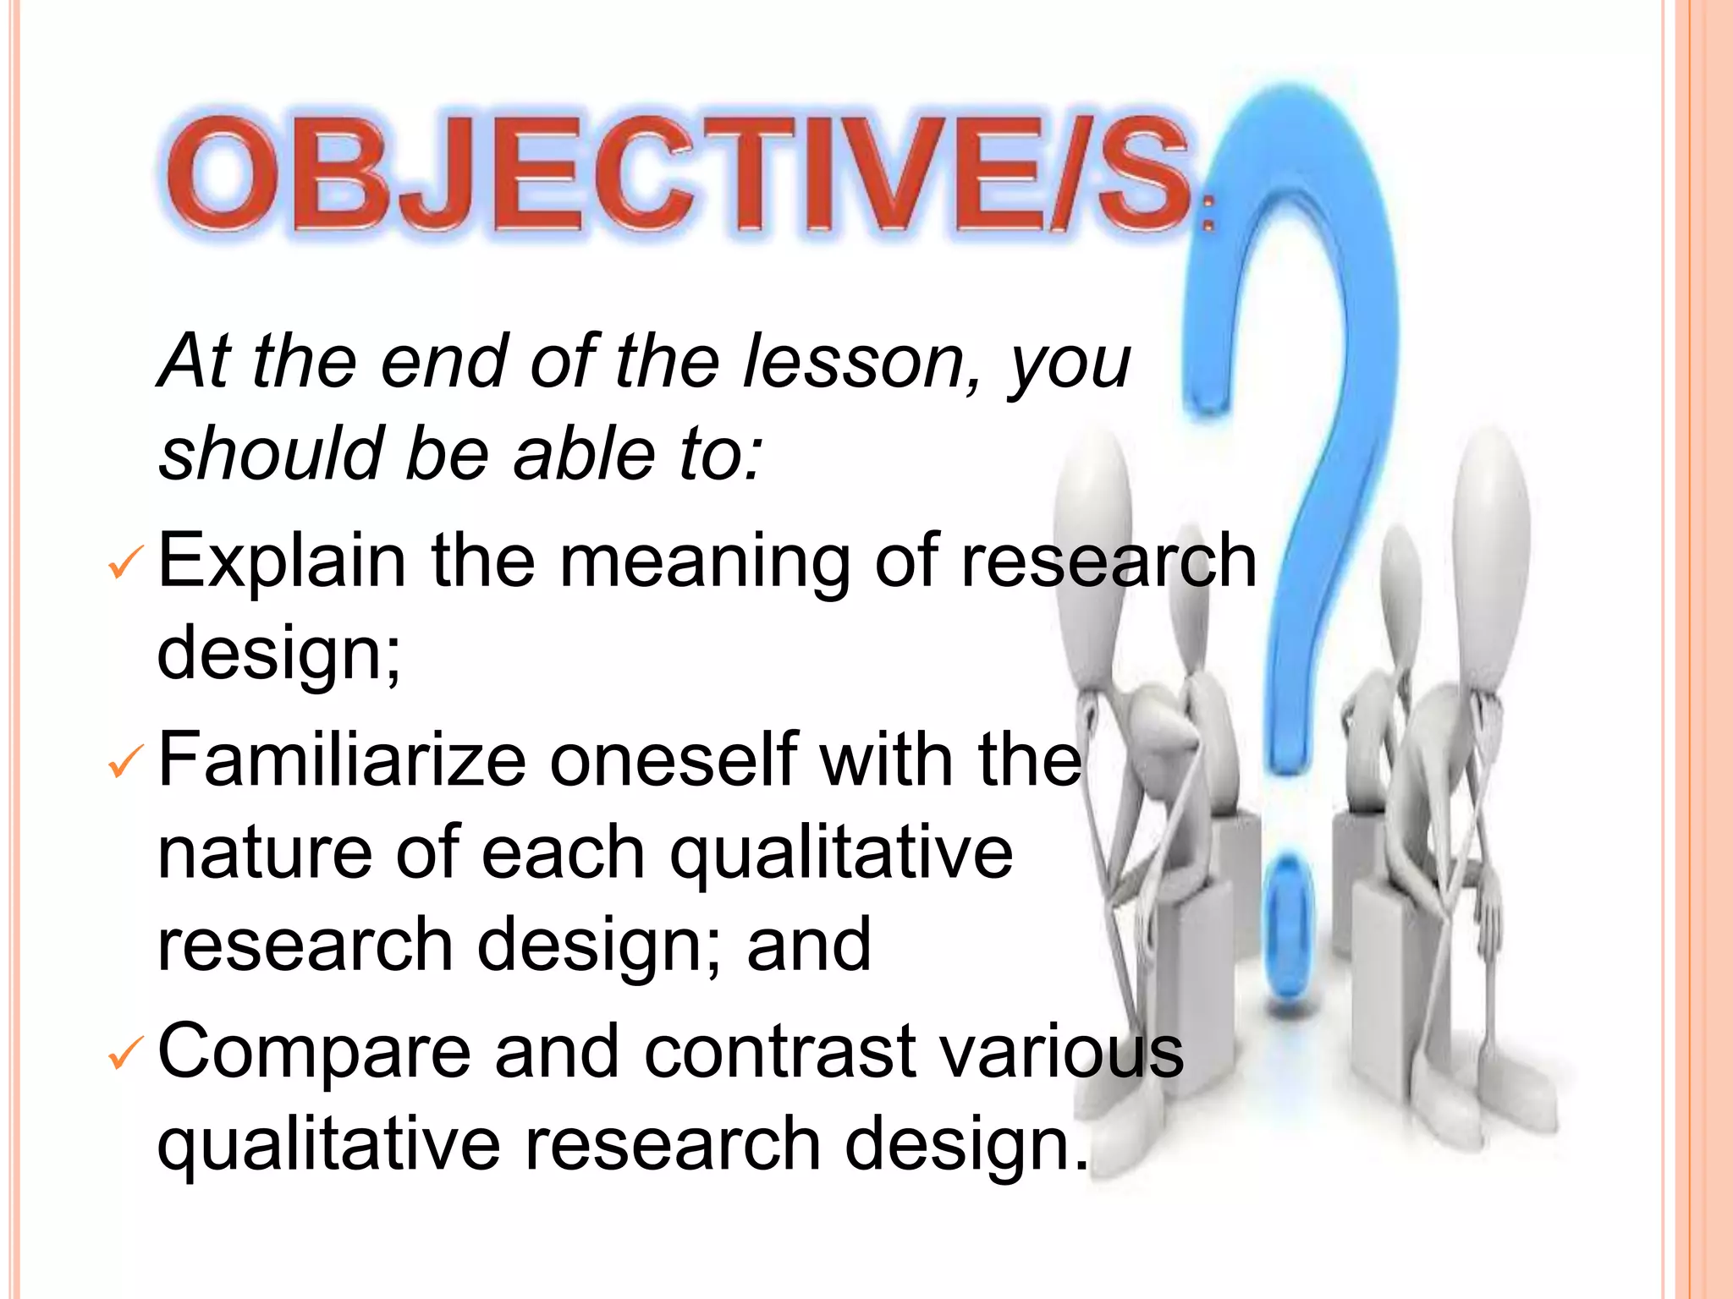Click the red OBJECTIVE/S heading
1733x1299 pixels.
pyautogui.click(x=677, y=173)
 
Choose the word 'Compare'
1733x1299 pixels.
pyautogui.click(x=314, y=1053)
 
